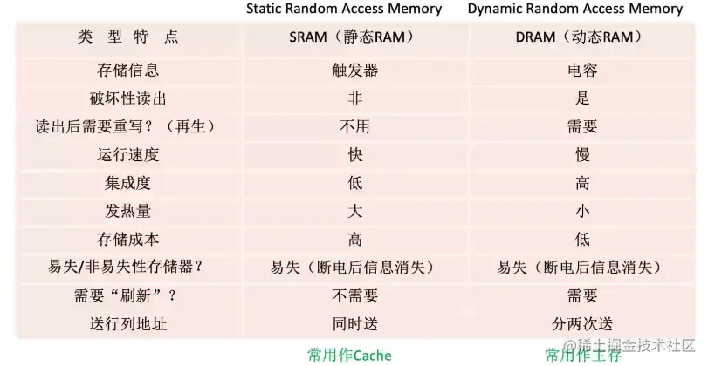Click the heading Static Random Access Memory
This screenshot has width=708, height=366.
344,10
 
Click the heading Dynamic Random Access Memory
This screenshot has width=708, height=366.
574,10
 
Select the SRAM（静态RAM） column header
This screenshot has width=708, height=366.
352,37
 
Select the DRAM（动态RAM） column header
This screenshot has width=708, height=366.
579,37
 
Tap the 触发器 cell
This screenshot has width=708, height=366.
355,71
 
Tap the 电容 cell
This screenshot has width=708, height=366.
582,71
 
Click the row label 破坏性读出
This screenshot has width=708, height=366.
127,98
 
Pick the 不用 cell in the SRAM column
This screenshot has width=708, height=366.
355,127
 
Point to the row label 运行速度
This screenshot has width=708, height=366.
127,155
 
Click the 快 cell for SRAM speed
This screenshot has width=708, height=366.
355,155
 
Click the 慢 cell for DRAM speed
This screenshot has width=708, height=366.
582,155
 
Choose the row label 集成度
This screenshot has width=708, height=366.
127,184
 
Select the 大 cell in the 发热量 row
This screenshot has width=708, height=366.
355,212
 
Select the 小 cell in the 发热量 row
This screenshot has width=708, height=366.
582,212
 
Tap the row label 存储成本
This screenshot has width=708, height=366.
127,240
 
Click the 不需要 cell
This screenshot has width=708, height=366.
355,295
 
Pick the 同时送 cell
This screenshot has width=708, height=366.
355,324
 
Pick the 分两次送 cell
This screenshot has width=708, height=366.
582,324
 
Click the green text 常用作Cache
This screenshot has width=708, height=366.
349,356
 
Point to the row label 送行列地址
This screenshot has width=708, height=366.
127,324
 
